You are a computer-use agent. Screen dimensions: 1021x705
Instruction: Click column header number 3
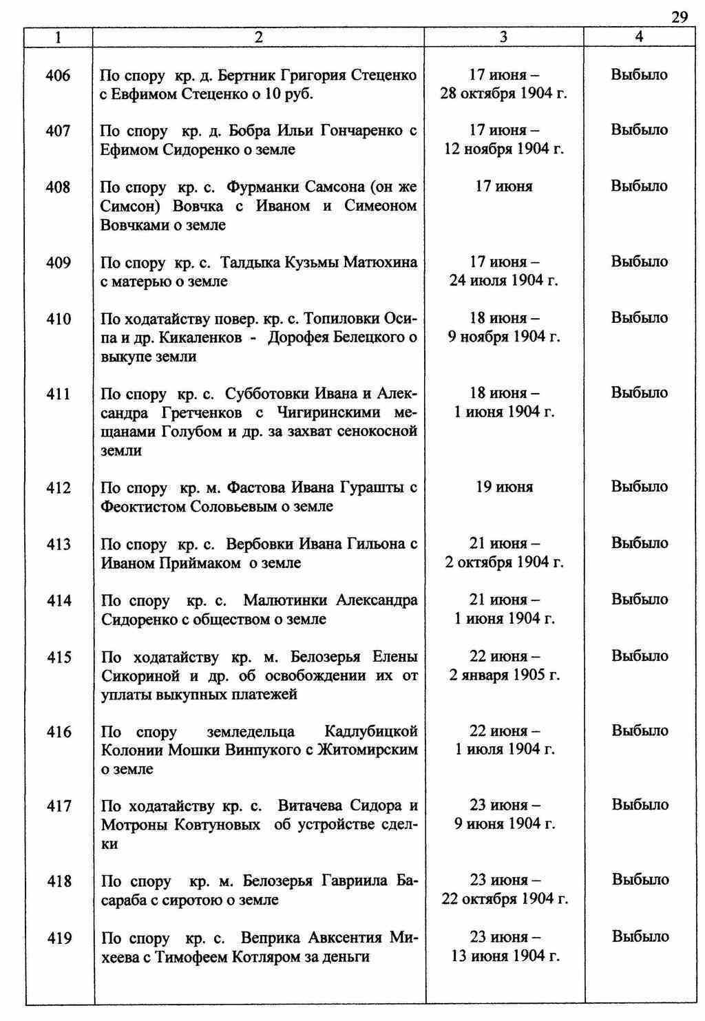[x=503, y=37]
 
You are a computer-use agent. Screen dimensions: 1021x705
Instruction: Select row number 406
[x=58, y=75]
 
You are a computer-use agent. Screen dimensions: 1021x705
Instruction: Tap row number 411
[x=58, y=394]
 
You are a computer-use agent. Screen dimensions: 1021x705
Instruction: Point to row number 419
[x=59, y=938]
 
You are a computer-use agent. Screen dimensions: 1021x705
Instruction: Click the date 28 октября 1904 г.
[x=504, y=94]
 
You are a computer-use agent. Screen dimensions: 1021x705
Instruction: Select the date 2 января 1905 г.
[x=504, y=675]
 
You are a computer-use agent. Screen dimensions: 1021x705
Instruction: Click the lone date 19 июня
[x=504, y=487]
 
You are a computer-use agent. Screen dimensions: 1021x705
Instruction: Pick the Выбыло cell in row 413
[x=640, y=543]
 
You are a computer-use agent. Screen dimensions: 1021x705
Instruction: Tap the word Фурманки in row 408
[x=260, y=187]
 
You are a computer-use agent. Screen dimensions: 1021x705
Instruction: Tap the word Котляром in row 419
[x=268, y=957]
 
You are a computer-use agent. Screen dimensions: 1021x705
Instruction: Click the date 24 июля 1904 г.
[x=504, y=281]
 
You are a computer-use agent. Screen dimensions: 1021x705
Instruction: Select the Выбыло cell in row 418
[x=640, y=881]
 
